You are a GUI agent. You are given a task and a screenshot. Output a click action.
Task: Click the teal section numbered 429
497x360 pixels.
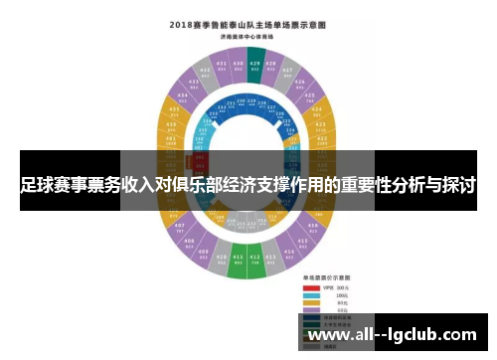[255, 67]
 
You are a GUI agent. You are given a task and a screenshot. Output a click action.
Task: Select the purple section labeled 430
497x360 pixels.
[241, 67]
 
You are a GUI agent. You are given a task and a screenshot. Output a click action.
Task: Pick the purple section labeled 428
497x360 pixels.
[271, 68]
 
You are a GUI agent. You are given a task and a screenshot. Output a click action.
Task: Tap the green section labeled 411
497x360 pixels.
[238, 265]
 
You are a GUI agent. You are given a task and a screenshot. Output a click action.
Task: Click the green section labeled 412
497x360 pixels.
[255, 265]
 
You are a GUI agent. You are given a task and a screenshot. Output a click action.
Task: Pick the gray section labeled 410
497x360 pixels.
[221, 261]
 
